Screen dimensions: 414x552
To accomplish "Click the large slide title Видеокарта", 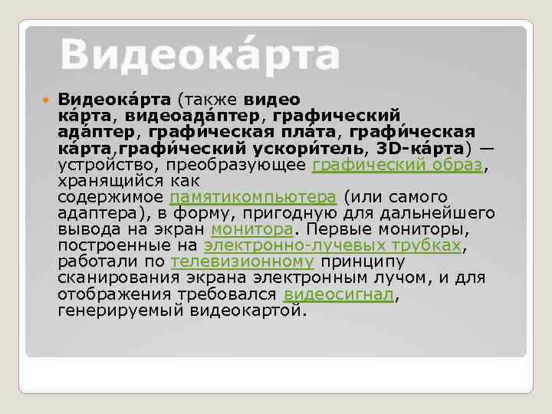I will click(x=199, y=55).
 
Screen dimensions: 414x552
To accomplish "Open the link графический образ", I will click(x=397, y=166).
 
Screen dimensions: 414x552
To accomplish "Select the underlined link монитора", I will click(x=251, y=229).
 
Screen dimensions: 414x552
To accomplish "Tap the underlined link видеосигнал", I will click(x=340, y=294).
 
